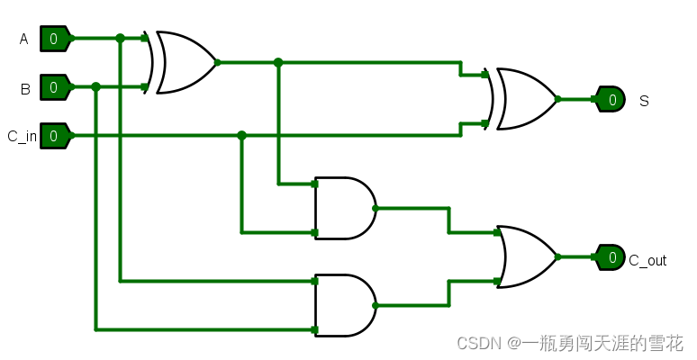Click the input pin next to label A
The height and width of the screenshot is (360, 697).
click(54, 39)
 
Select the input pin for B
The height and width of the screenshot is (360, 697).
click(54, 87)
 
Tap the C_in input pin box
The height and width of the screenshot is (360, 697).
click(54, 136)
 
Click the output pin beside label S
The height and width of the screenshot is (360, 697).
click(611, 99)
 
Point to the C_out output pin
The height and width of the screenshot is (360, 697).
click(611, 257)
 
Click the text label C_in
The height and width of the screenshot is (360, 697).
click(22, 137)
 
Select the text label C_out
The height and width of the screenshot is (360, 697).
click(647, 261)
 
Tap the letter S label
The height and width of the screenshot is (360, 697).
click(644, 101)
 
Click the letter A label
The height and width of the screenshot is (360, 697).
click(23, 39)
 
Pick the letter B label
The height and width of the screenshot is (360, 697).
click(24, 88)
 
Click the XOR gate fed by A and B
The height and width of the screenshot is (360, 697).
click(186, 63)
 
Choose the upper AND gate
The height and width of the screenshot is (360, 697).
click(344, 208)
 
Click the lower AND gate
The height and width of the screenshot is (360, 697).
click(344, 305)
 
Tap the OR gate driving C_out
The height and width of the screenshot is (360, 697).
click(526, 256)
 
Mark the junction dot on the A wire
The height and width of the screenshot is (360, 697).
click(120, 39)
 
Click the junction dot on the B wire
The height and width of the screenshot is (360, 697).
click(95, 87)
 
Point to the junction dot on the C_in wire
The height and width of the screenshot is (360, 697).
click(241, 136)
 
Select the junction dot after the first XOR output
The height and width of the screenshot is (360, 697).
click(278, 63)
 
